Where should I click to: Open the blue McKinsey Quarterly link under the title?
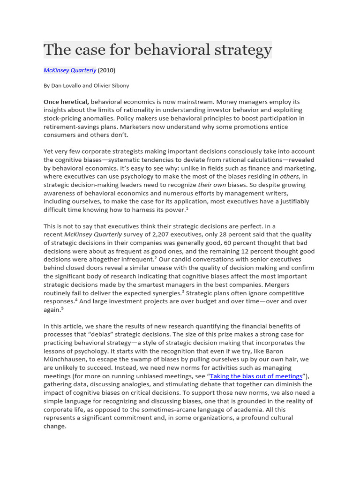point(70,70)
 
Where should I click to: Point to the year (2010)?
point(106,70)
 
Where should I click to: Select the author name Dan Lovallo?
point(66,86)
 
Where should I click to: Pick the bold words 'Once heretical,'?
point(66,102)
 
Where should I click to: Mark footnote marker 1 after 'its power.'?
point(187,209)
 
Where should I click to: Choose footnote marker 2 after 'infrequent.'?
point(156,258)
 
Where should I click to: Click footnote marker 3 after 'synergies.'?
point(183,291)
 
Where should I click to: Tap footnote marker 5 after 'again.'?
point(62,308)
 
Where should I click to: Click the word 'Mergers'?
point(276,285)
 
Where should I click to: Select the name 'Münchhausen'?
point(66,360)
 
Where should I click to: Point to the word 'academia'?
point(259,410)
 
